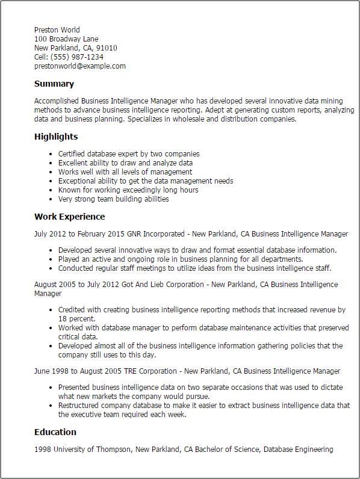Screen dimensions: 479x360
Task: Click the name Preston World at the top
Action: tap(57, 30)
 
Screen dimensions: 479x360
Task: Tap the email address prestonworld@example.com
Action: tap(80, 66)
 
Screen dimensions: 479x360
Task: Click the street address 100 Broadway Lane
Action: tap(66, 39)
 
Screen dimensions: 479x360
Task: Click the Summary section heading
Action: tap(54, 84)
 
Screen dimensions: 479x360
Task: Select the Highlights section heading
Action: tap(56, 137)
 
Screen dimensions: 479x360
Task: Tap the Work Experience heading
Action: tap(69, 217)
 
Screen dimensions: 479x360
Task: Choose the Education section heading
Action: tap(55, 432)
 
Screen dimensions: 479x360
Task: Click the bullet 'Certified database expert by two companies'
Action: tap(129, 154)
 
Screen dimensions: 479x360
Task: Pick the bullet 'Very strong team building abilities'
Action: tap(113, 199)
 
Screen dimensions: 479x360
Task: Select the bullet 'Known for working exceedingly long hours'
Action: tap(128, 190)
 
